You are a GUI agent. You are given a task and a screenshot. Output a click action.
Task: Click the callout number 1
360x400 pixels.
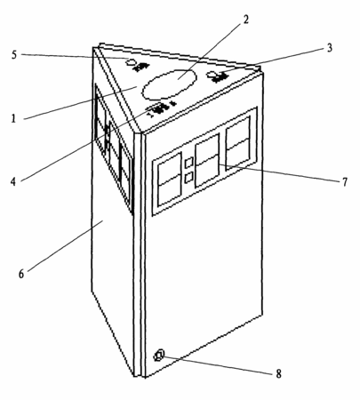pyautogui.click(x=13, y=118)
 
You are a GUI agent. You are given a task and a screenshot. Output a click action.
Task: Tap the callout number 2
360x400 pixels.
pyautogui.click(x=245, y=20)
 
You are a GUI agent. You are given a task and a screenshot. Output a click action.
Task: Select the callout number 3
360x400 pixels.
pyautogui.click(x=329, y=48)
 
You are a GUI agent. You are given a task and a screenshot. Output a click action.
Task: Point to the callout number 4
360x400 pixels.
pyautogui.click(x=13, y=181)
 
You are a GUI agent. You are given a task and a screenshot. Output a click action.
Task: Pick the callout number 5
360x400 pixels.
pyautogui.click(x=14, y=55)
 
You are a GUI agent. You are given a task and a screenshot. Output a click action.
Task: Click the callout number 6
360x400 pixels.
pyautogui.click(x=21, y=274)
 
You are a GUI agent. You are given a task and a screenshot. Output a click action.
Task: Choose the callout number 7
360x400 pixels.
pyautogui.click(x=344, y=182)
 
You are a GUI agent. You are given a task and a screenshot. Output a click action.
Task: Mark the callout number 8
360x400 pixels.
pyautogui.click(x=278, y=374)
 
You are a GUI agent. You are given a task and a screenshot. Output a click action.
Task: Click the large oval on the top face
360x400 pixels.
pyautogui.click(x=169, y=84)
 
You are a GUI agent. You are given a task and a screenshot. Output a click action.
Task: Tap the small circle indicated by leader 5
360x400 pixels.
pyautogui.click(x=131, y=62)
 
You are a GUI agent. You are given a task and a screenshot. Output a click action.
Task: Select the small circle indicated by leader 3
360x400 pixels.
pyautogui.click(x=212, y=75)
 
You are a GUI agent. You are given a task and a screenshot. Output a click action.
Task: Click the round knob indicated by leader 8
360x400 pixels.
pyautogui.click(x=159, y=355)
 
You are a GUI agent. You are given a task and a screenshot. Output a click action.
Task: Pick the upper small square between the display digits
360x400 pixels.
pyautogui.click(x=188, y=162)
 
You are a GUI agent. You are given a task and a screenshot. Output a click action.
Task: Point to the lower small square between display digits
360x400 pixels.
pyautogui.click(x=188, y=177)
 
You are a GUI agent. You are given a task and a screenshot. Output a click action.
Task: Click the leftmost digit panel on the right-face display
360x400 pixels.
pyautogui.click(x=170, y=180)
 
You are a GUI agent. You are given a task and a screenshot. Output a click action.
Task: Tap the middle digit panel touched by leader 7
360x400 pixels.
pyautogui.click(x=207, y=160)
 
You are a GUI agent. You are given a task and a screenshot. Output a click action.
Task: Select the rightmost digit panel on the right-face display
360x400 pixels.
pyautogui.click(x=238, y=143)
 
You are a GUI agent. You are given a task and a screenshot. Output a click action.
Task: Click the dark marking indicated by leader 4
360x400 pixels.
pyautogui.click(x=160, y=108)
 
